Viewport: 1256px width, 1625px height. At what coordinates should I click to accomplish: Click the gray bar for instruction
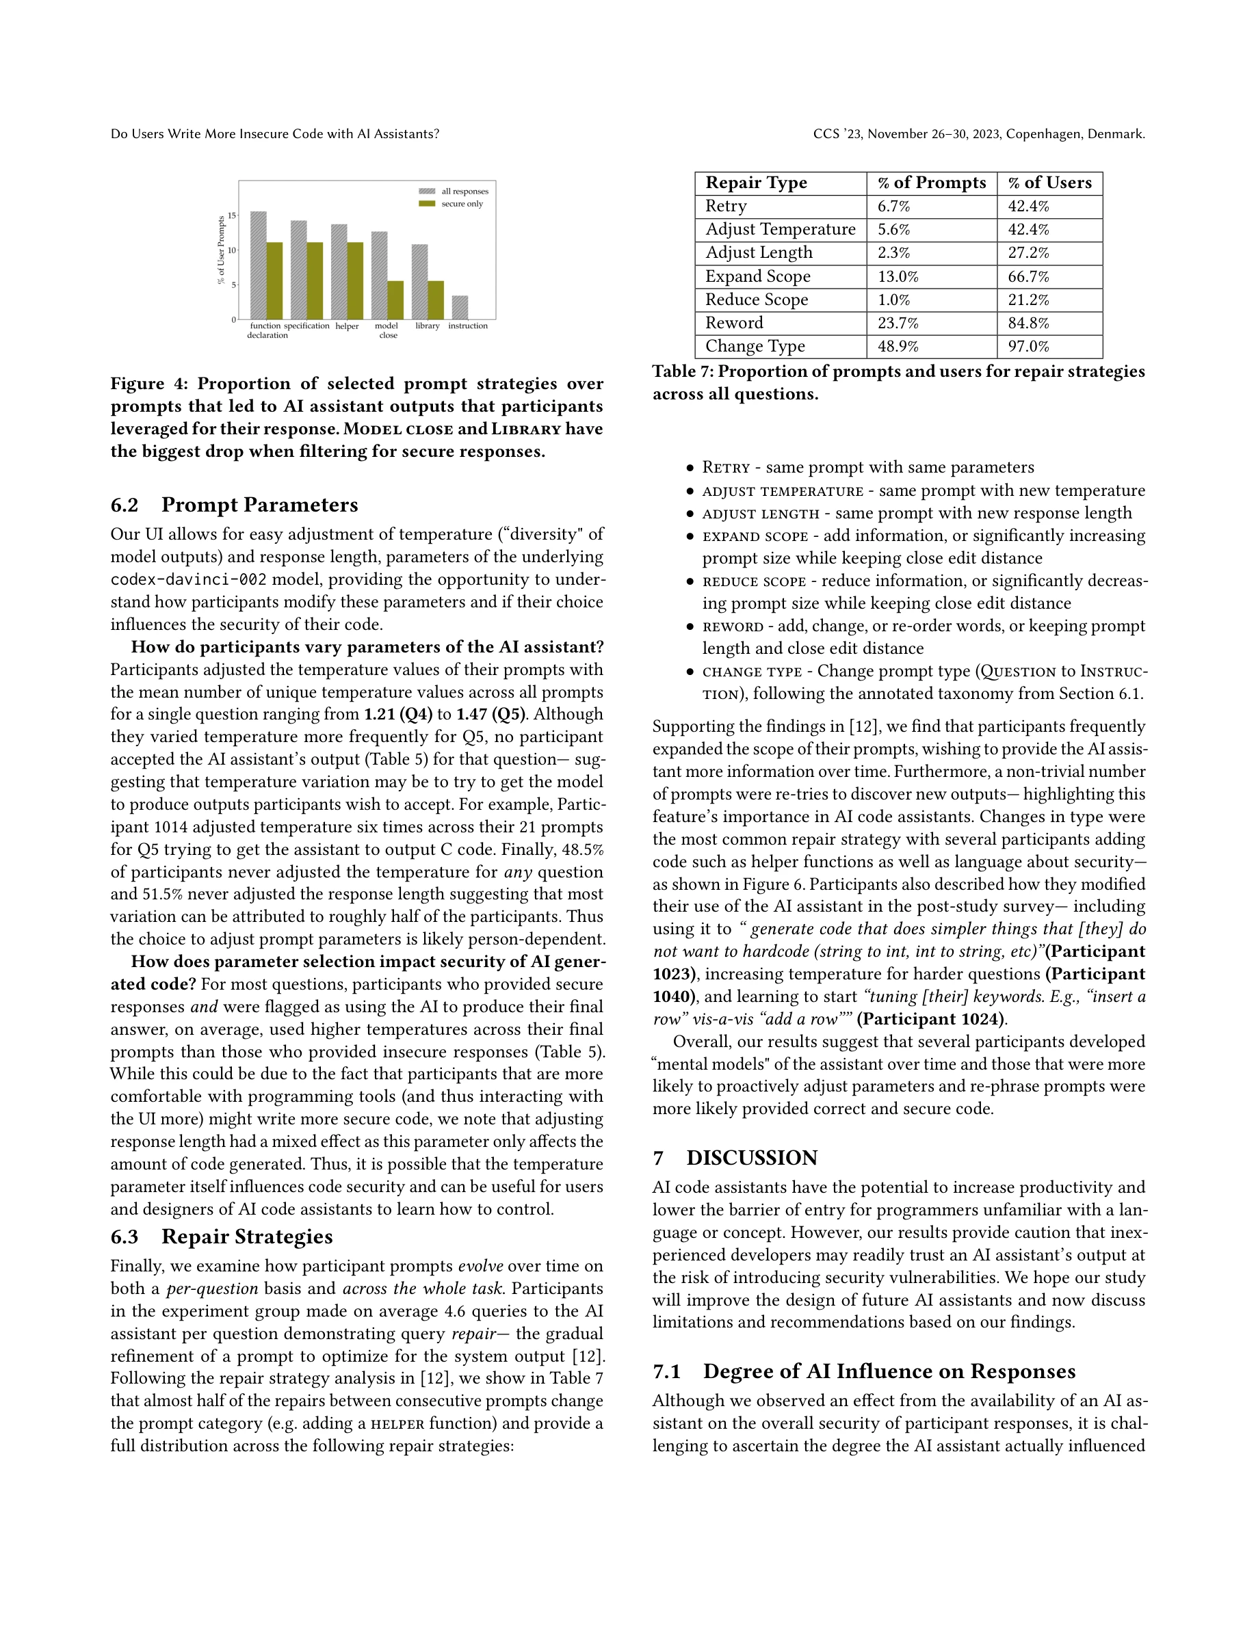(460, 307)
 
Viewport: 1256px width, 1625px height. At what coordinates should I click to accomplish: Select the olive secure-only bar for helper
(355, 280)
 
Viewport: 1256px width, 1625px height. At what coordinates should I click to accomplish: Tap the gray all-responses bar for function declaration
(258, 265)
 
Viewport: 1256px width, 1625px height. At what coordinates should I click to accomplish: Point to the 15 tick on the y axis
(232, 215)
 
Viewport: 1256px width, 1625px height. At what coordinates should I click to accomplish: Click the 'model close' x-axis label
(387, 330)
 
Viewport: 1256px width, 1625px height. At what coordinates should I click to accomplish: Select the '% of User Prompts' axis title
(221, 250)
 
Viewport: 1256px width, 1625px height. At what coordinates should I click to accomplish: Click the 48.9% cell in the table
(898, 347)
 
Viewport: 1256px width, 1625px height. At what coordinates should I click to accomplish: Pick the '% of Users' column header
(1049, 183)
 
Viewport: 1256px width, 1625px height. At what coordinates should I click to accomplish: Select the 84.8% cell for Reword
(1028, 323)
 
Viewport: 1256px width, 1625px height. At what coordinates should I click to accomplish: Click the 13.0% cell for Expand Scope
(898, 277)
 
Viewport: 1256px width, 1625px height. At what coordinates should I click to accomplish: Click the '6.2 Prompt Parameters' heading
(235, 505)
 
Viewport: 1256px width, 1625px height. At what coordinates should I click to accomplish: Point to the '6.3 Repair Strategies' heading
(222, 1237)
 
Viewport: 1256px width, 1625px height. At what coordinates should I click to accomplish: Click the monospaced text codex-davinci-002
(188, 579)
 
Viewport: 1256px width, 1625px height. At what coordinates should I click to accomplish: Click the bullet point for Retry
(690, 468)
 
